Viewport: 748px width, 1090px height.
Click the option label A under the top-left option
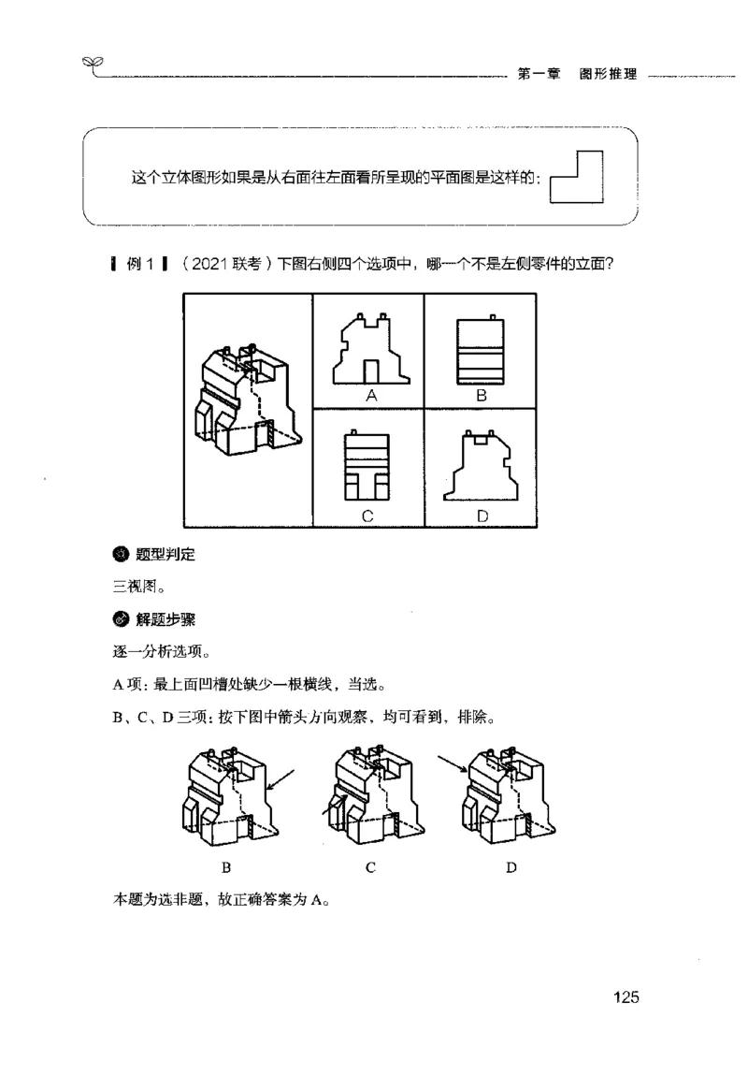pyautogui.click(x=370, y=396)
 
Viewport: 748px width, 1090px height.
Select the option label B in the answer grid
pyautogui.click(x=482, y=396)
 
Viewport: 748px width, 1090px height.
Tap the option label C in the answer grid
pyautogui.click(x=368, y=516)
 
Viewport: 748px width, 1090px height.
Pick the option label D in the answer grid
pyautogui.click(x=481, y=516)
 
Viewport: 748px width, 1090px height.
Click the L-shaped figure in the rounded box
pyautogui.click(x=576, y=178)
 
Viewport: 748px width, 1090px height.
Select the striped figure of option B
pyautogui.click(x=480, y=351)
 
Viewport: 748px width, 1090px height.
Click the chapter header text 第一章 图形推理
pyautogui.click(x=576, y=75)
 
